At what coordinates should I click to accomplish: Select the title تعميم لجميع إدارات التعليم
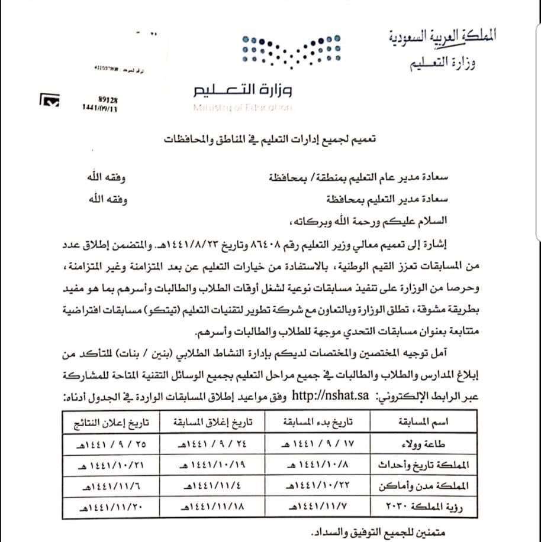[x=273, y=141]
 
